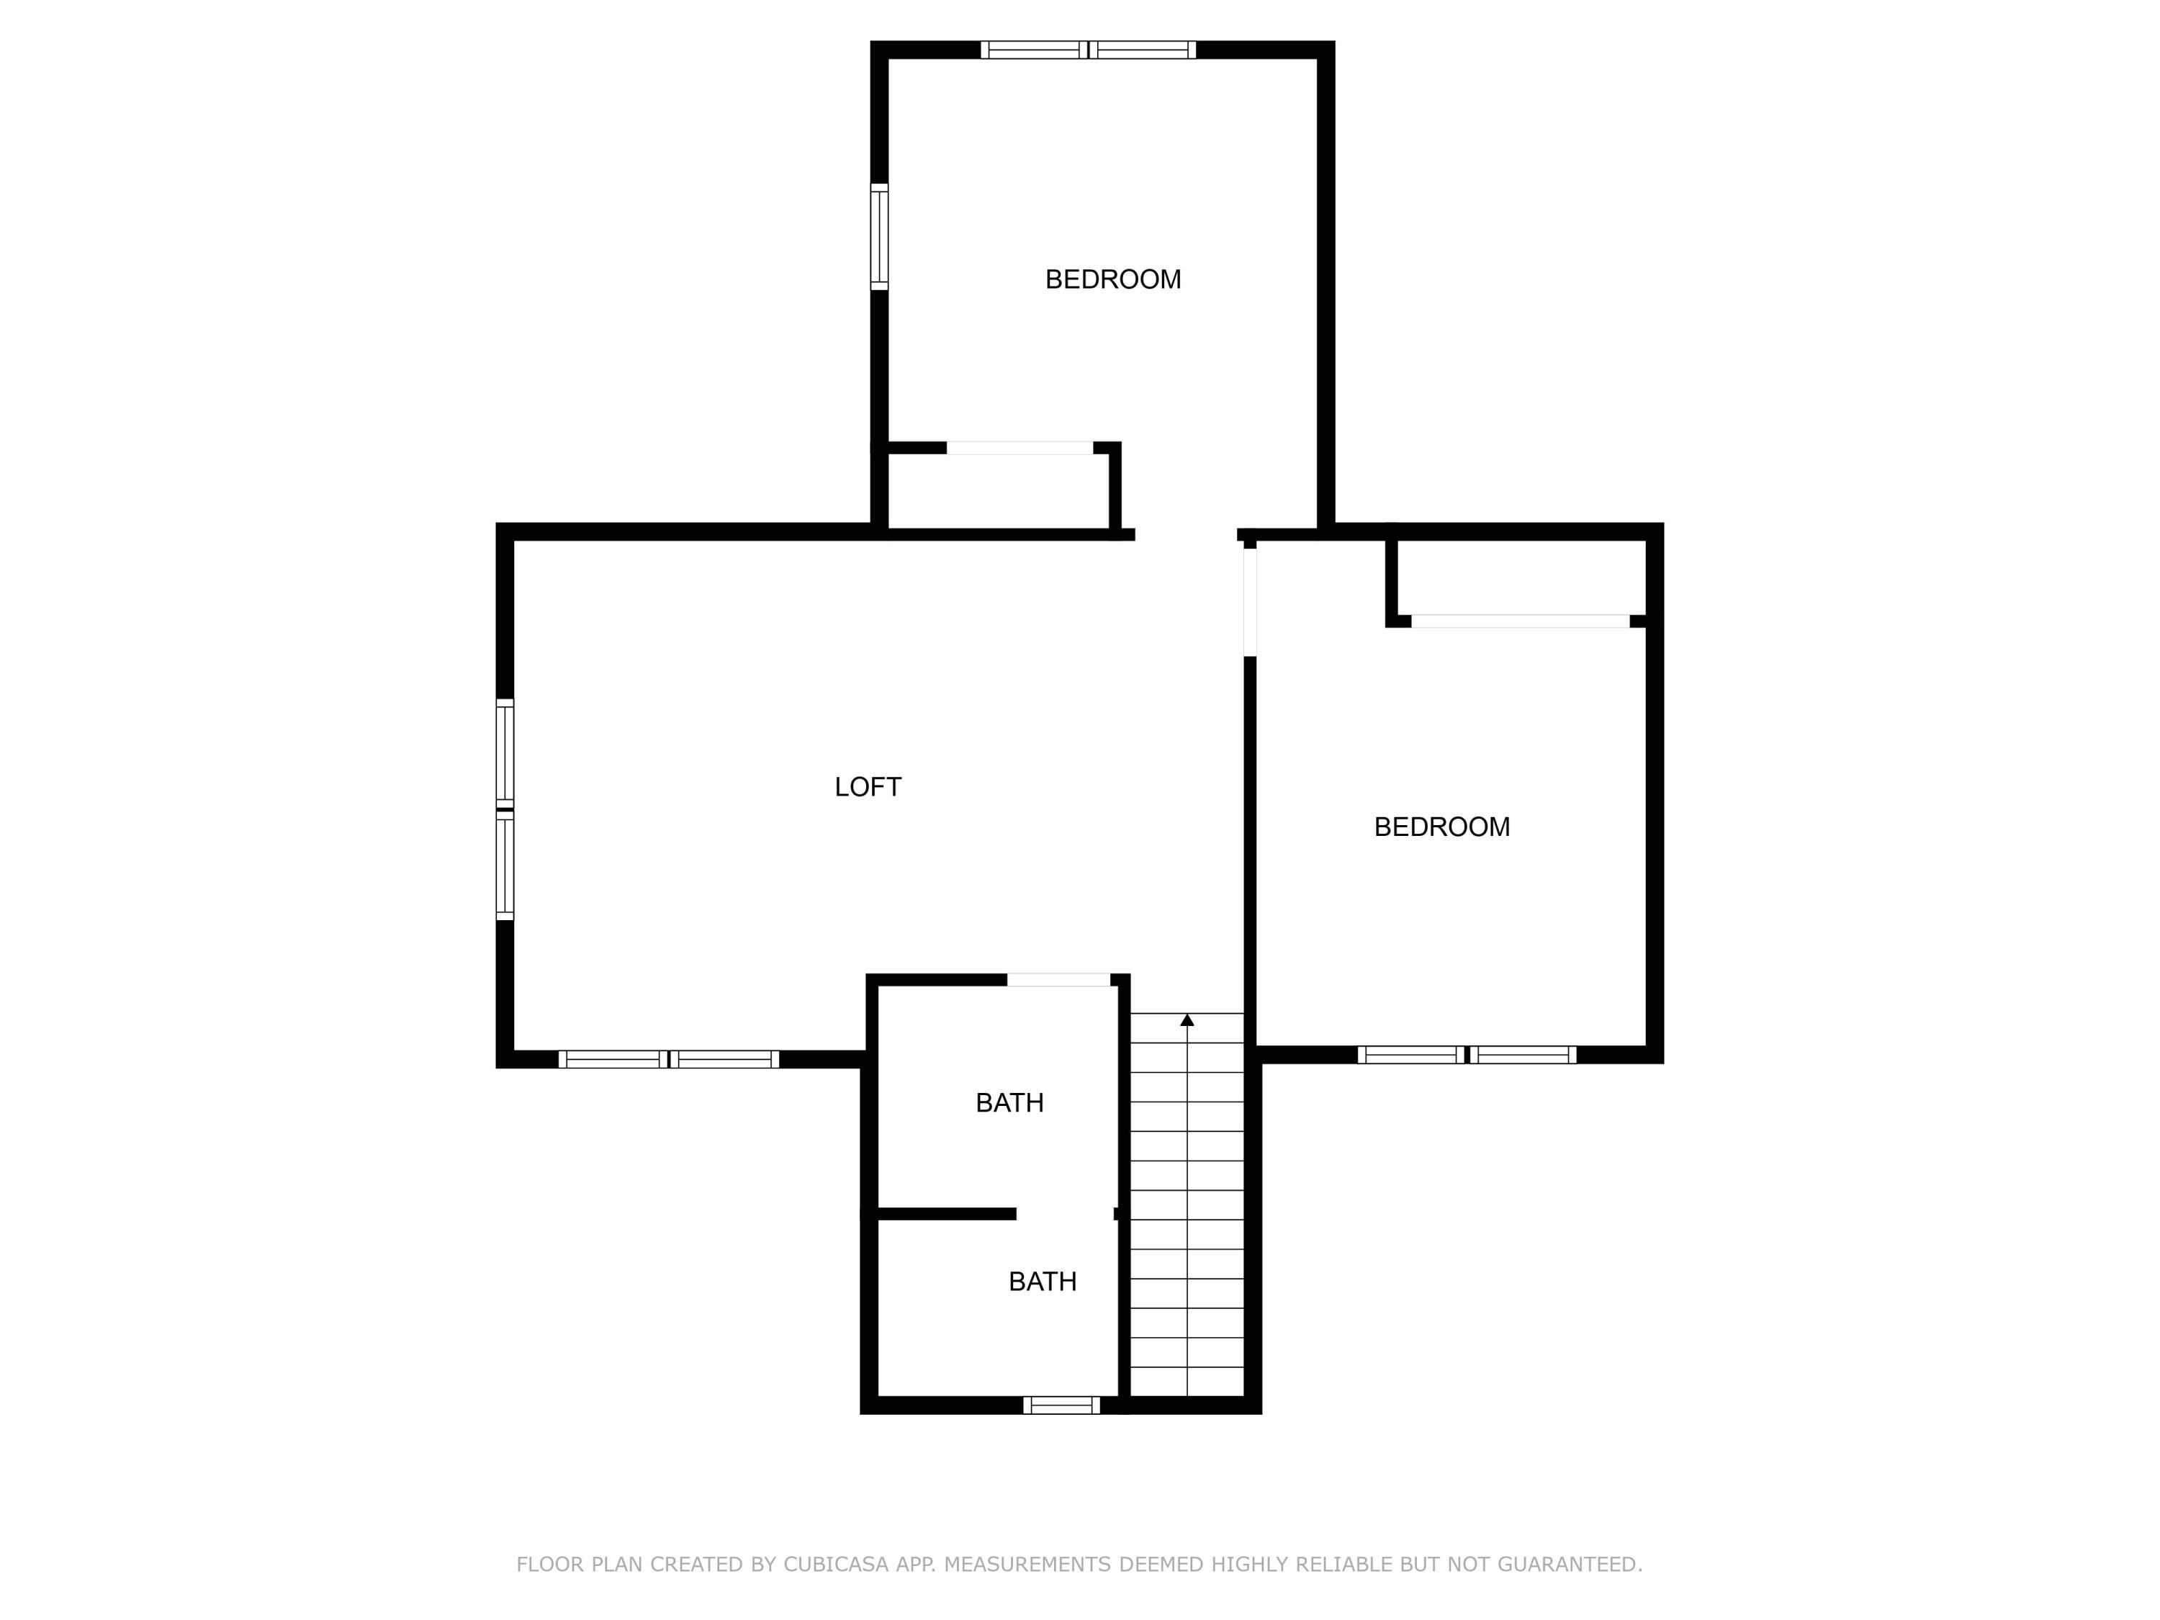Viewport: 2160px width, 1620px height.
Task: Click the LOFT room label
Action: tap(867, 787)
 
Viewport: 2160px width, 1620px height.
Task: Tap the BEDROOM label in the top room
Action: tap(1112, 279)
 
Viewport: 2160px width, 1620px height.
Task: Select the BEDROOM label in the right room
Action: tap(1441, 827)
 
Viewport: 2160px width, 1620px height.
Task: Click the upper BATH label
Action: tap(1009, 1102)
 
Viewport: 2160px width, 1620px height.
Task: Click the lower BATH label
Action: tap(1042, 1281)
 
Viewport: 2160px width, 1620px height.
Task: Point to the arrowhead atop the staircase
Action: tap(1187, 1020)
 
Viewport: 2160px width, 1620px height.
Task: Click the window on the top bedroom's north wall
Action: tap(1088, 50)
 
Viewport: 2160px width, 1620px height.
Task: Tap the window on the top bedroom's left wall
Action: tap(879, 236)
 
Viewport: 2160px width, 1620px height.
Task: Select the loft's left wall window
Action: tap(504, 809)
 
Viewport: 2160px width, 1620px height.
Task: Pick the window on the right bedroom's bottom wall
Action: tap(1466, 1055)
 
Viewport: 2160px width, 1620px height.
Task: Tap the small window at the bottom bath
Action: tap(1061, 1405)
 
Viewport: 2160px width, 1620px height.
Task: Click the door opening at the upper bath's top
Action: tap(1058, 979)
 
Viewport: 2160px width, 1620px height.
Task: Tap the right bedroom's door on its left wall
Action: tap(1249, 601)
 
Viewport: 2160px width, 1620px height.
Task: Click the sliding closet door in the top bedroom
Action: tap(1020, 449)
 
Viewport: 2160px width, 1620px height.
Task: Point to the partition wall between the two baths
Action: tap(945, 1214)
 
